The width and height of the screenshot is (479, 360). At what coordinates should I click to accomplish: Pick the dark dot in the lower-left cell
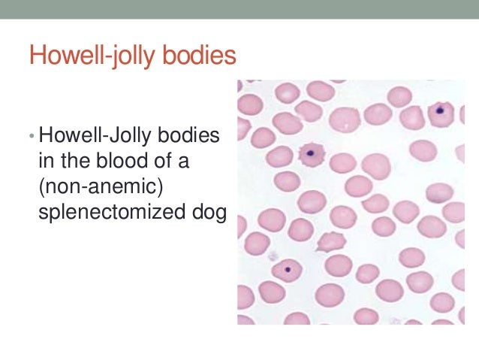point(288,269)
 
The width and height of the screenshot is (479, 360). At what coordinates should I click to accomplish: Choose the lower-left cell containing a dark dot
point(286,270)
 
